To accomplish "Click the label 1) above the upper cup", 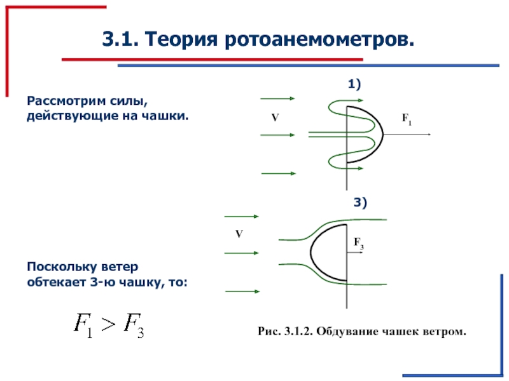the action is coord(354,84).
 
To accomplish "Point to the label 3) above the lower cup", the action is coord(361,203).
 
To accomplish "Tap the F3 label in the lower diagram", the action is coord(358,244).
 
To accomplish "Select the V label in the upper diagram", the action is coord(275,118).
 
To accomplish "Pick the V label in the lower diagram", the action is coord(239,234).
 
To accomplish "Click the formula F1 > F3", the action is coord(108,326).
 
